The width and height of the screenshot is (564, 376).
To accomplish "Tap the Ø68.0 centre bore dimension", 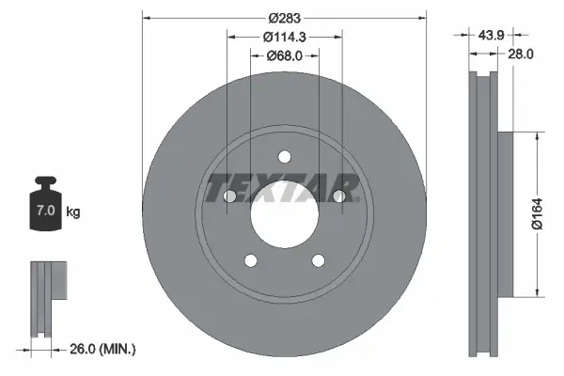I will click(x=284, y=55).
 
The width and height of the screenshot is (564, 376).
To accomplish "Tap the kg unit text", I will click(x=73, y=212).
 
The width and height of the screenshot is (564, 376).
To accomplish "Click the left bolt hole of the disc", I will click(x=229, y=196).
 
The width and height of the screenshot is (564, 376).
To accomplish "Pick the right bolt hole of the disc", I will click(x=337, y=196).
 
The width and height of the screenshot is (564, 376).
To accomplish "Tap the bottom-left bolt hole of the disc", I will click(x=250, y=260).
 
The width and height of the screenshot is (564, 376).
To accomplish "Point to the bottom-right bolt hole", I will click(x=318, y=260).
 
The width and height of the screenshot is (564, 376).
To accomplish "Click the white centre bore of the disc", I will click(x=284, y=214).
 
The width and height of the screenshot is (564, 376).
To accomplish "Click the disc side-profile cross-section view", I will click(x=484, y=212).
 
